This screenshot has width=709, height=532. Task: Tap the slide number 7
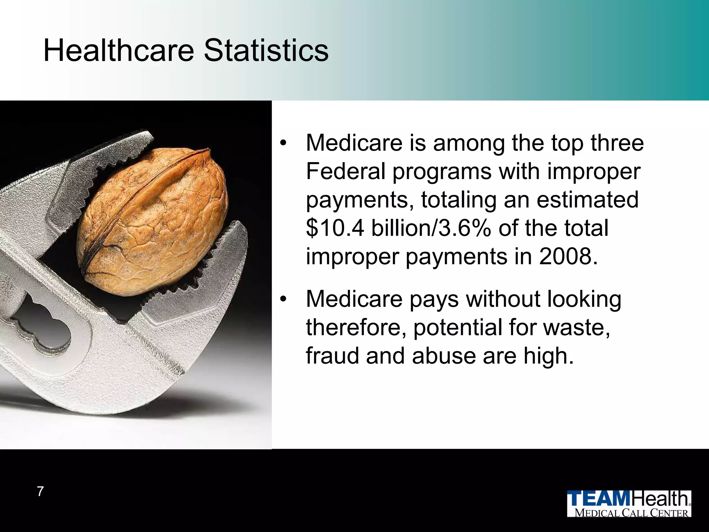tap(41, 491)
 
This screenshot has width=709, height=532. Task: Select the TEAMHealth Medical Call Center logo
tap(629, 503)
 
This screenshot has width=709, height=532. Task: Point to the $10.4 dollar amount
tap(335, 228)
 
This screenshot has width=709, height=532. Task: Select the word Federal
tap(346, 171)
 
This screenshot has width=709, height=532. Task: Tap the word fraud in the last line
tap(333, 356)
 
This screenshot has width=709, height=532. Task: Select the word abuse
tap(444, 356)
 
